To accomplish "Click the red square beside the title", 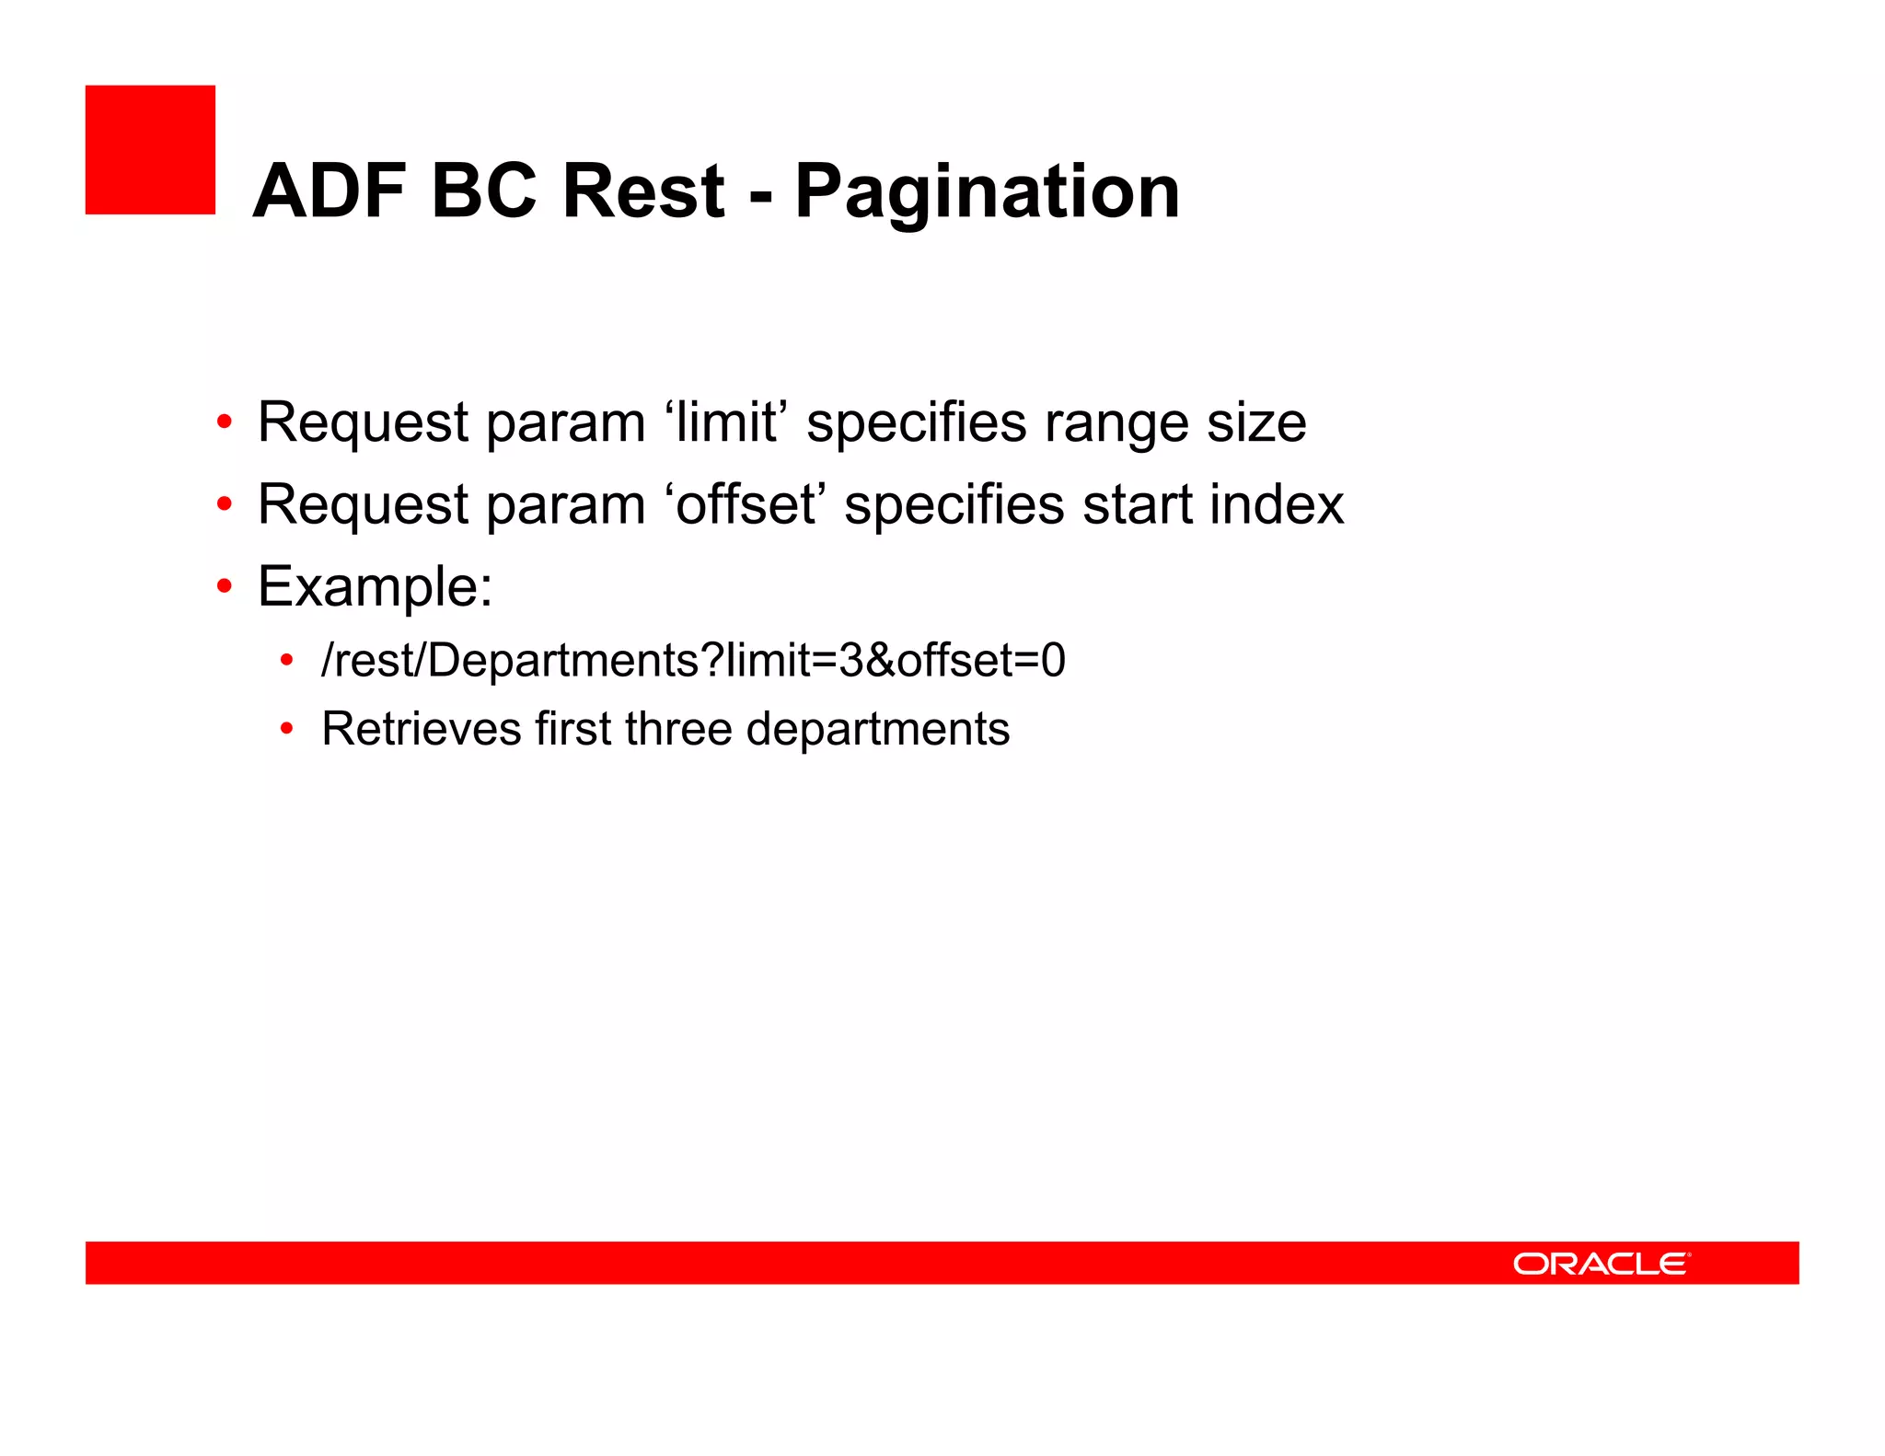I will (150, 150).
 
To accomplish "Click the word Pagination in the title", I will (987, 193).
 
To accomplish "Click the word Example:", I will (375, 587).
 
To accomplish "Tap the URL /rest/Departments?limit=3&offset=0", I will (692, 660).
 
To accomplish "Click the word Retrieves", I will (421, 729).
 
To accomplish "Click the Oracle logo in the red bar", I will (1601, 1264).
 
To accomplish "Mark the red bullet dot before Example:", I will (225, 586).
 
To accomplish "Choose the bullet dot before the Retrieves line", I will (287, 729).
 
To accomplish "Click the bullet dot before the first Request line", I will (225, 422).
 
